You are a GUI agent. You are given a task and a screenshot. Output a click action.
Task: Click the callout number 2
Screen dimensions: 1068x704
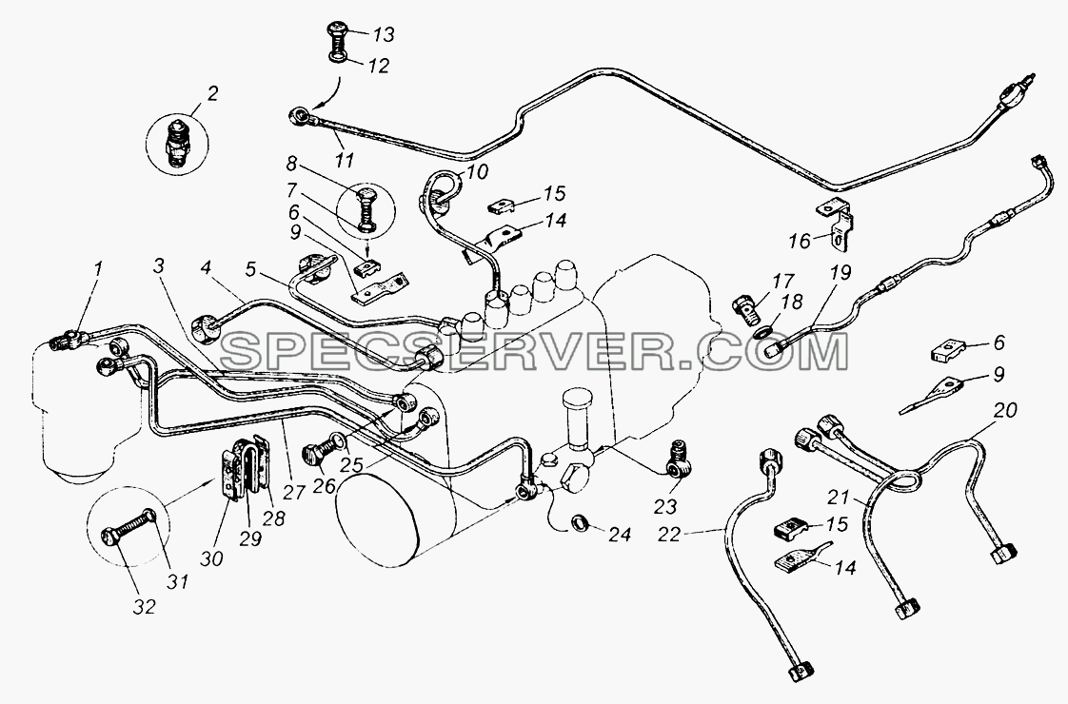click(x=213, y=93)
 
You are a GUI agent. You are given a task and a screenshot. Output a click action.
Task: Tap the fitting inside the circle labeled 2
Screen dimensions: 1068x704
click(x=179, y=143)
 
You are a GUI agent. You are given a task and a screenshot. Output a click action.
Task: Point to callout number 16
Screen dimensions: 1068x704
click(x=801, y=240)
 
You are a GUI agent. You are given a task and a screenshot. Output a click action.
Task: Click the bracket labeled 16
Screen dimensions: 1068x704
click(x=836, y=219)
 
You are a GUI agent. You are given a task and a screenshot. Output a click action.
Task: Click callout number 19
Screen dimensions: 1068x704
click(x=840, y=273)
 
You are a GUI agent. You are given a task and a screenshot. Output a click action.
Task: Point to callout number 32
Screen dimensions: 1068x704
click(x=145, y=607)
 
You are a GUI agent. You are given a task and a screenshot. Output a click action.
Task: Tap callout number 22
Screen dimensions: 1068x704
click(x=670, y=536)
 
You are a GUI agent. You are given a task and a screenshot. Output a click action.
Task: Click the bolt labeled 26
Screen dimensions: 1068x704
click(x=322, y=450)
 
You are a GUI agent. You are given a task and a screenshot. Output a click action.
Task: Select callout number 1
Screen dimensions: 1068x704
click(x=98, y=268)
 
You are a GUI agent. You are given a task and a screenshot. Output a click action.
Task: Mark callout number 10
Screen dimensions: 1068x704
click(x=478, y=171)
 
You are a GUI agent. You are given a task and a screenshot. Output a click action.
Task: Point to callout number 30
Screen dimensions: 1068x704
click(x=211, y=558)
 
